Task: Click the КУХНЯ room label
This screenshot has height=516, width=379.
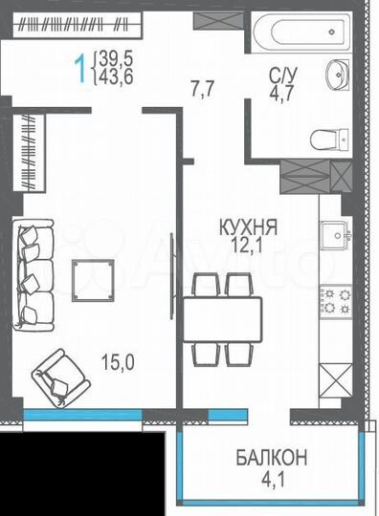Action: pyautogui.click(x=247, y=228)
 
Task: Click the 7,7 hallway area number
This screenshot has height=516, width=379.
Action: pyautogui.click(x=202, y=91)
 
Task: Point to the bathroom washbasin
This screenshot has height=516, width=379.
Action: pyautogui.click(x=337, y=74)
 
